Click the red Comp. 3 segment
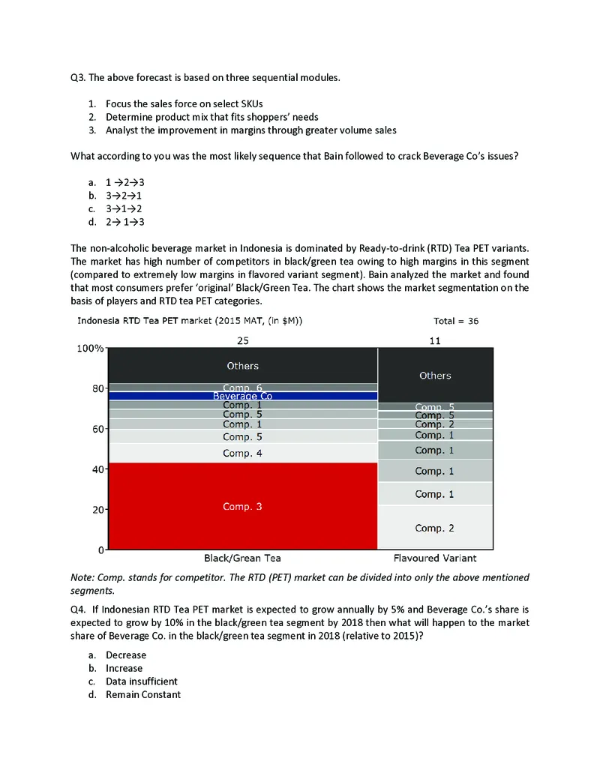[242, 507]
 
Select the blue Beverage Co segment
[242, 396]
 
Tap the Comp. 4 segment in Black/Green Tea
[242, 453]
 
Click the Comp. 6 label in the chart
[242, 388]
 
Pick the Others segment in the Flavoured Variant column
[435, 375]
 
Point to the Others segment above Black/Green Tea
[242, 366]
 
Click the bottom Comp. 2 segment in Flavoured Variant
[435, 528]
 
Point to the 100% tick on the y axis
[90, 349]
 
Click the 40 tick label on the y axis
[97, 470]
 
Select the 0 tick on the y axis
[99, 550]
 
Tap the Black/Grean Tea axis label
[242, 559]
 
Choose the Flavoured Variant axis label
[435, 559]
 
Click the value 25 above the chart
[242, 340]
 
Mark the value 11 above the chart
[435, 340]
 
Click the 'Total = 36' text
[456, 321]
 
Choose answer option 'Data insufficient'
[141, 682]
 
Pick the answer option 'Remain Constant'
[142, 695]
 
